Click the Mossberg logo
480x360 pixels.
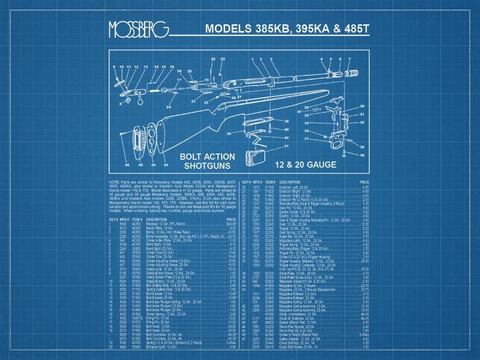[x=138, y=30]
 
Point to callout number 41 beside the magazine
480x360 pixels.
[x=286, y=146]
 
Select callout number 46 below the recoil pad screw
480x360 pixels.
[x=127, y=164]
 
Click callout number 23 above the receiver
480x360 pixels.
[x=223, y=59]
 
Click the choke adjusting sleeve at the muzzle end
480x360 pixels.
[x=354, y=73]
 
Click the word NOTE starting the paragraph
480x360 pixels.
[x=114, y=183]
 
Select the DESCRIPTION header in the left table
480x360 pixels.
[x=157, y=220]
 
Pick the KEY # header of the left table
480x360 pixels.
[x=114, y=220]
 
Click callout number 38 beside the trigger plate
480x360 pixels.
[x=286, y=122]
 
